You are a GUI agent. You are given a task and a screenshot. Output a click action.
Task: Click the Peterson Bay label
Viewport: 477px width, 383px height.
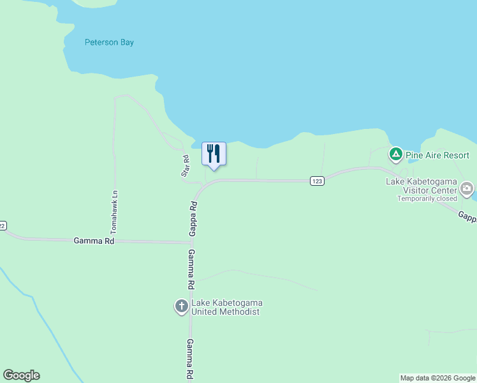(x=109, y=43)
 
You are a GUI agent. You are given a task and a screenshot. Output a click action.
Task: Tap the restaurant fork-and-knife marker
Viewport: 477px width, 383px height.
(x=214, y=154)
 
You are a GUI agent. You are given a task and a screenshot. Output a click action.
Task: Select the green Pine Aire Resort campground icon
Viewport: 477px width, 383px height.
(x=395, y=154)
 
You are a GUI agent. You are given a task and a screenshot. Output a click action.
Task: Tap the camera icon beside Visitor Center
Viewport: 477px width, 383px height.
(x=467, y=189)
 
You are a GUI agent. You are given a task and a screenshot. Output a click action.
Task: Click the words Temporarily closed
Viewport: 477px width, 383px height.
(x=427, y=199)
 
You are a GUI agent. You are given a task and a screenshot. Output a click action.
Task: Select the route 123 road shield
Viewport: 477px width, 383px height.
(x=317, y=181)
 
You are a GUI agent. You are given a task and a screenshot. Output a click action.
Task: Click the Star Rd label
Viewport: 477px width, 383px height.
(x=185, y=165)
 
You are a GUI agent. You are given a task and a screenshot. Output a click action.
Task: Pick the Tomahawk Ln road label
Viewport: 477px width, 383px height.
(x=115, y=211)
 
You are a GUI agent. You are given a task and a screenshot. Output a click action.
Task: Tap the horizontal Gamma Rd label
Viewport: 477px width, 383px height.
(x=94, y=241)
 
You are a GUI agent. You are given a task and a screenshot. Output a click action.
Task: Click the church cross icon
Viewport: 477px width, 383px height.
(x=181, y=307)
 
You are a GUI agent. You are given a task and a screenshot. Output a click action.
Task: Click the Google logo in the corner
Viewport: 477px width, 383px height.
(x=21, y=375)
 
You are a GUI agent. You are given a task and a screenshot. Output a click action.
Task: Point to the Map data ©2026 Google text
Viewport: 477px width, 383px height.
(x=437, y=378)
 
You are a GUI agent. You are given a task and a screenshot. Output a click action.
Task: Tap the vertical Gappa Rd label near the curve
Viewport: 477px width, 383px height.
(x=192, y=219)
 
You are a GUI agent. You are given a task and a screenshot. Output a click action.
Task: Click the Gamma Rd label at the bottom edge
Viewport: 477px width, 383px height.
(x=189, y=360)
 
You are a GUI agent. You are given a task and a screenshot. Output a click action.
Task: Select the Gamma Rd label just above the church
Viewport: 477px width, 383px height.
(x=190, y=269)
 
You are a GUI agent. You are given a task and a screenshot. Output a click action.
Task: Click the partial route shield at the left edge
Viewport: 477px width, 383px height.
(x=3, y=225)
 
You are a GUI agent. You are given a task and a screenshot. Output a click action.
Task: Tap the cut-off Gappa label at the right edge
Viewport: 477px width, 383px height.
(x=467, y=217)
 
